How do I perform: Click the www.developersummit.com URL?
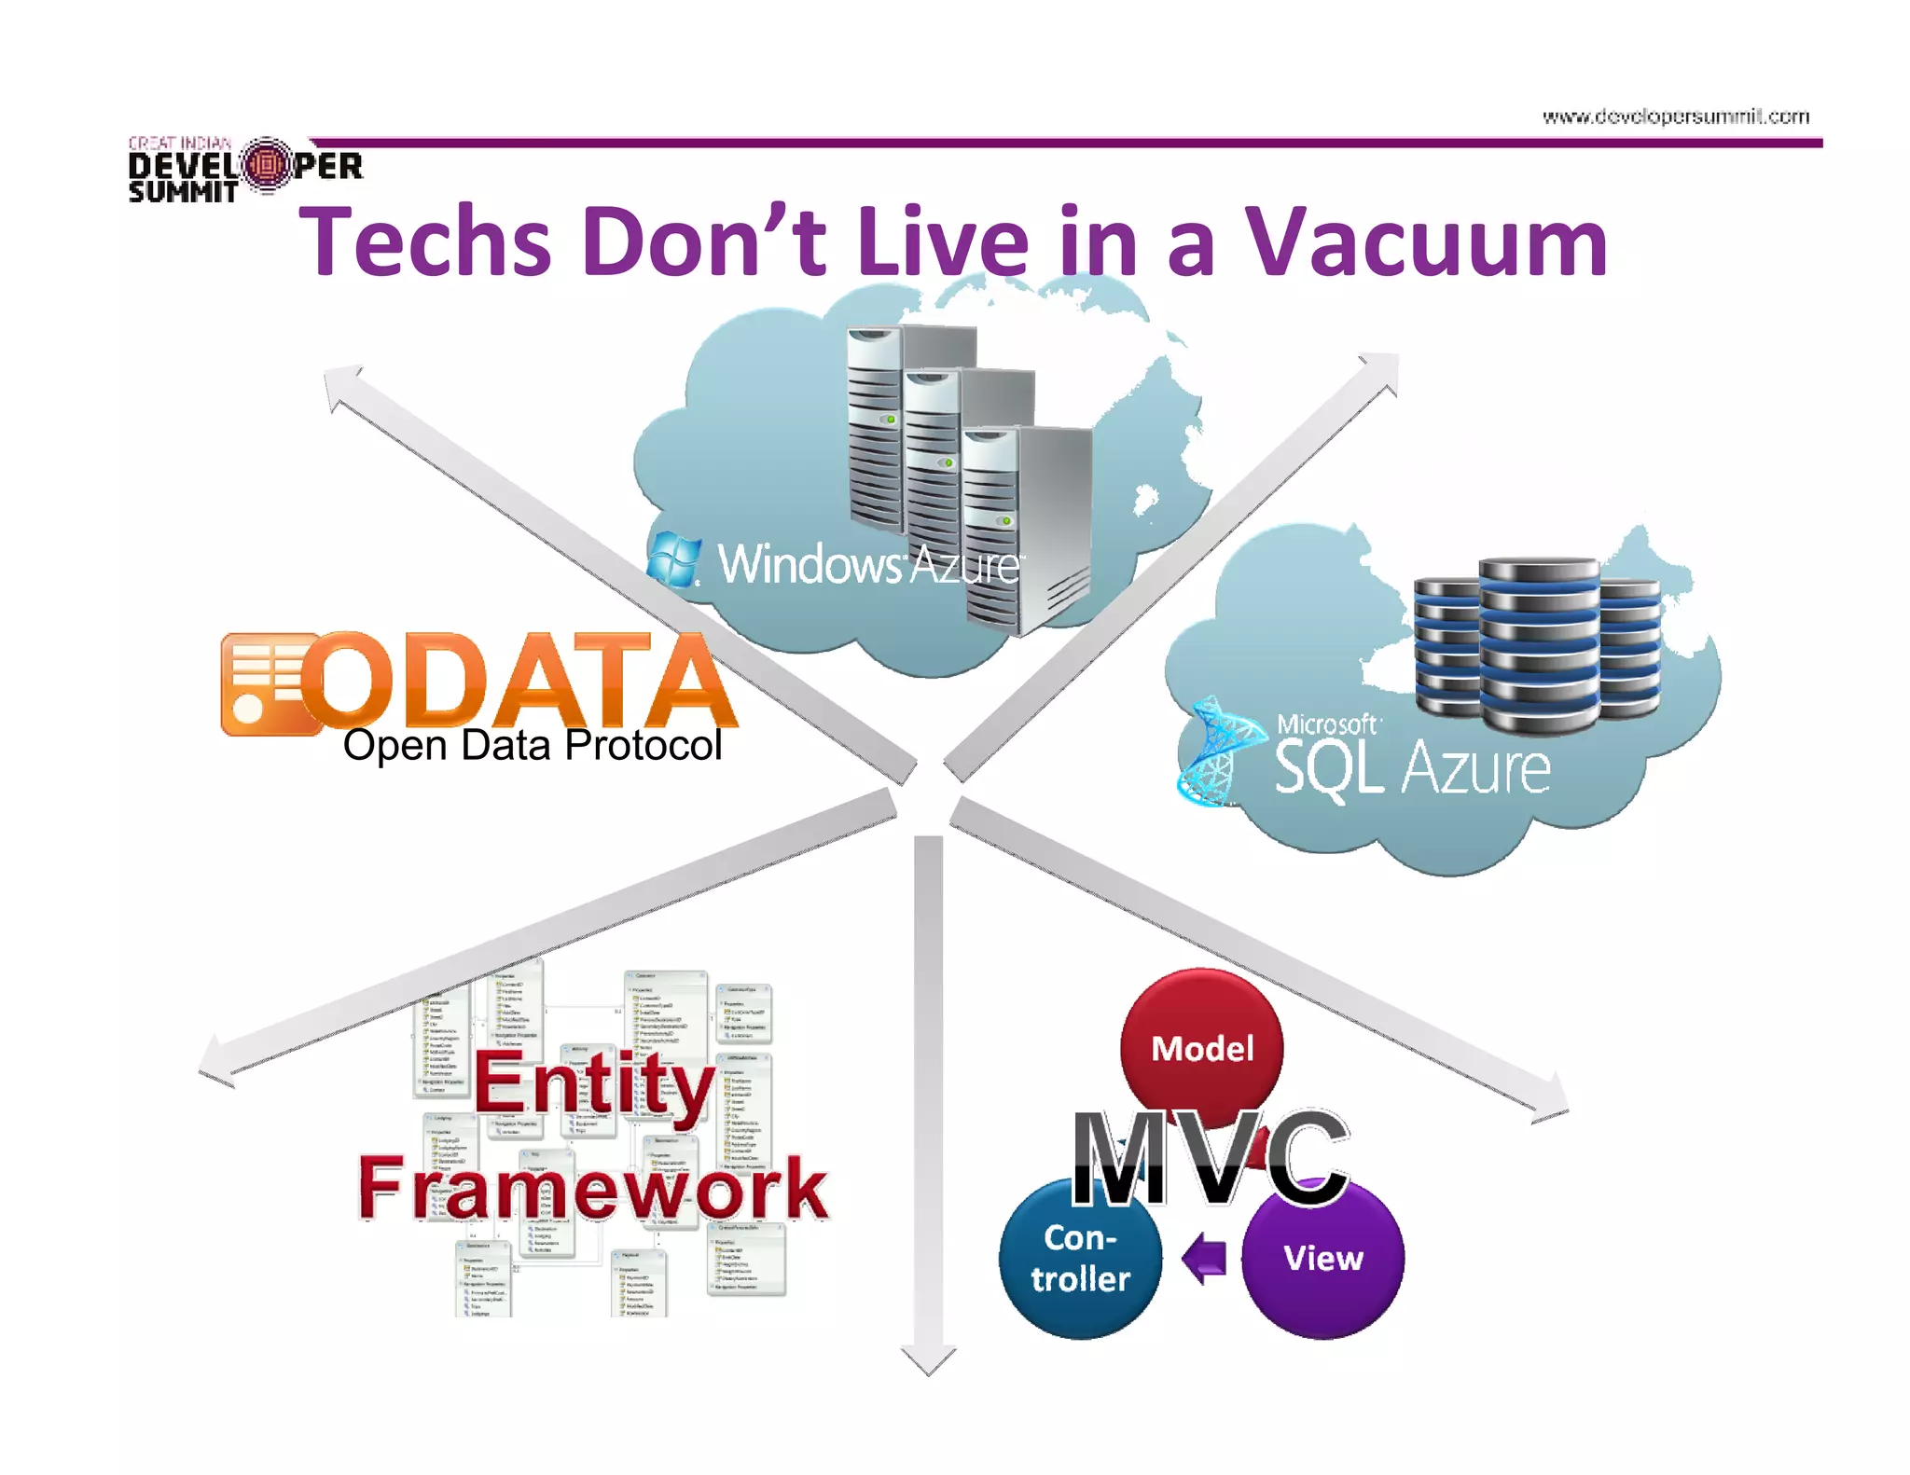pyautogui.click(x=1675, y=117)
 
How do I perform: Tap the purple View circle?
pyautogui.click(x=1322, y=1258)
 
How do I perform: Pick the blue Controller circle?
pyautogui.click(x=1080, y=1258)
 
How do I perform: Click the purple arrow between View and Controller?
pyautogui.click(x=1204, y=1258)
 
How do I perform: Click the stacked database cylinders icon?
pyautogui.click(x=1537, y=643)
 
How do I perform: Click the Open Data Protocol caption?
pyautogui.click(x=532, y=746)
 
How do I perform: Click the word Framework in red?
pyautogui.click(x=593, y=1188)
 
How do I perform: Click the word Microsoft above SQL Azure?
pyautogui.click(x=1326, y=724)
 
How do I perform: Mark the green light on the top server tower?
pyautogui.click(x=891, y=420)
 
